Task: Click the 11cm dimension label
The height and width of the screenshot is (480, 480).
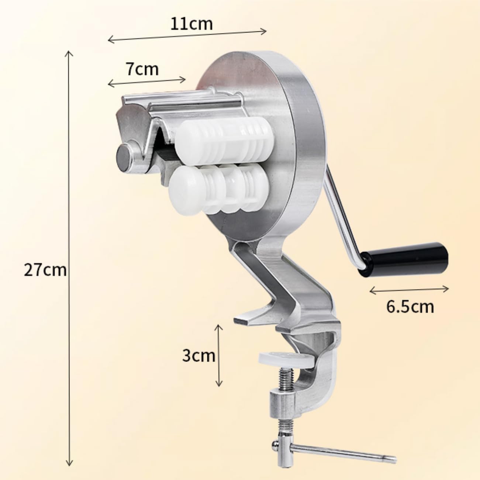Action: [x=191, y=24]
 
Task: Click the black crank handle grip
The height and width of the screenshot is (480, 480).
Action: [x=403, y=259]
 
